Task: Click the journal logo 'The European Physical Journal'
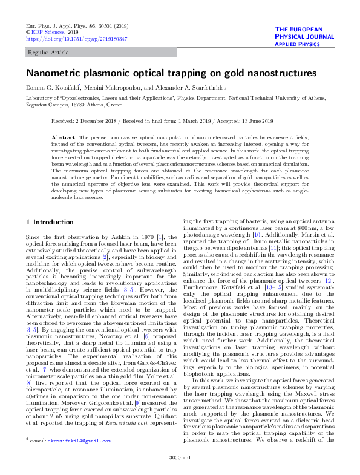306,36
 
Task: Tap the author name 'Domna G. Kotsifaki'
50,88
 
